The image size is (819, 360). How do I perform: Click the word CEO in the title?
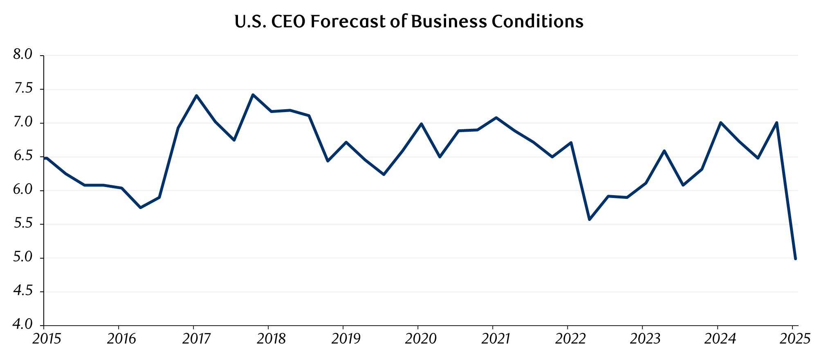coord(288,22)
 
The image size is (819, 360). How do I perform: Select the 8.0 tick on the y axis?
coord(22,54)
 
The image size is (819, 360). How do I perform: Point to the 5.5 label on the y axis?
coord(22,224)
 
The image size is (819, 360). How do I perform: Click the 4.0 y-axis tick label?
coord(22,325)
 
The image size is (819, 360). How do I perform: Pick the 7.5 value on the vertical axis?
coord(22,88)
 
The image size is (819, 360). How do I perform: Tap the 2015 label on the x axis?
coord(46,339)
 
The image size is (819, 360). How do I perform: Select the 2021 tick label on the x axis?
coord(495,339)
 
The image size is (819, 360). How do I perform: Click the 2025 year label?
coord(795,339)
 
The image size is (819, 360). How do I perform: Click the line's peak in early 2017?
coord(197,96)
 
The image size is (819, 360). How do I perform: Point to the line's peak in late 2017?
coord(253,94)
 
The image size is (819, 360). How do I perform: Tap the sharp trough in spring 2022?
coord(590,220)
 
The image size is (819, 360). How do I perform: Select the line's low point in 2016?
coord(140,208)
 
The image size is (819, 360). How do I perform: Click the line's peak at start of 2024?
coord(720,122)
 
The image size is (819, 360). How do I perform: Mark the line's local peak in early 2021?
coord(496,118)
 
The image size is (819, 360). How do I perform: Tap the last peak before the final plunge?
coord(776,122)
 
